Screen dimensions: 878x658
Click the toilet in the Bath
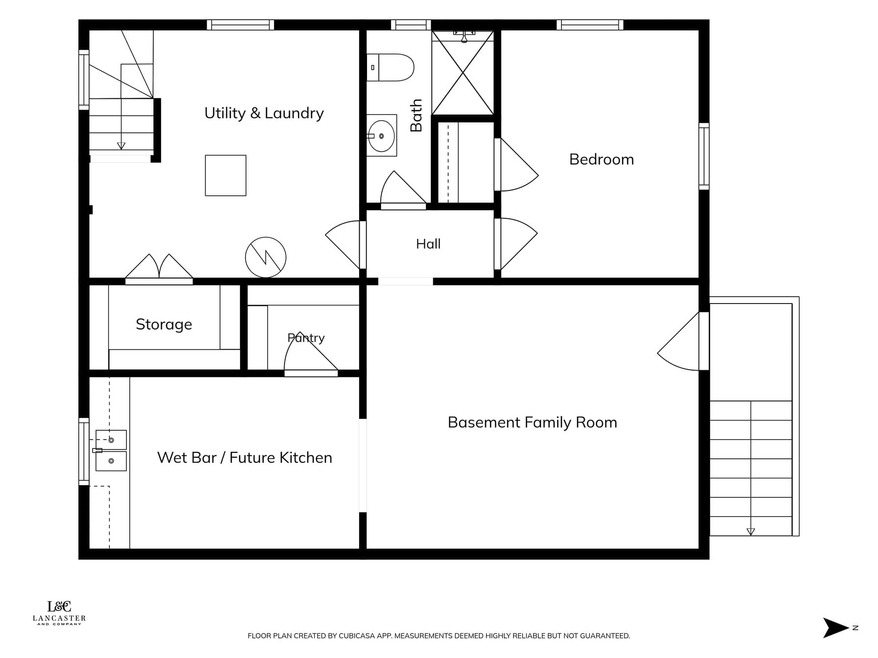[x=390, y=68]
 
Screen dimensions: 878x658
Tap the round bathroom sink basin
[x=382, y=136]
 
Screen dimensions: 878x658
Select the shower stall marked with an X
[x=463, y=73]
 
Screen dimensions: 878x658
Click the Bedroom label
[x=601, y=159]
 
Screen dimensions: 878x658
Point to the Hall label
[x=428, y=244]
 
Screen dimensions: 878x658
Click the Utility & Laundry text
[x=264, y=113]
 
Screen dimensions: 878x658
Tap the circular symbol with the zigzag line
[x=266, y=258]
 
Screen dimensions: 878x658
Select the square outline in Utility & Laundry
[x=225, y=175]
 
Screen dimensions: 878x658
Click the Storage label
[x=164, y=324]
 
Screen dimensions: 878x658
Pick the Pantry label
[x=306, y=338]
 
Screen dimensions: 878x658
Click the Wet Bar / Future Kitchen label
[x=244, y=457]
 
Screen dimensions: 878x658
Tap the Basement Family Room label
[x=532, y=423]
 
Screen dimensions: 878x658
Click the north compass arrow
[x=835, y=628]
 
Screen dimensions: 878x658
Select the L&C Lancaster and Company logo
[x=59, y=612]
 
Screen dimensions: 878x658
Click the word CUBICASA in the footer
[x=356, y=636]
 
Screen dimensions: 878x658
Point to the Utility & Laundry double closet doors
[x=159, y=268]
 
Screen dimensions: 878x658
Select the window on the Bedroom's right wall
[x=704, y=156]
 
